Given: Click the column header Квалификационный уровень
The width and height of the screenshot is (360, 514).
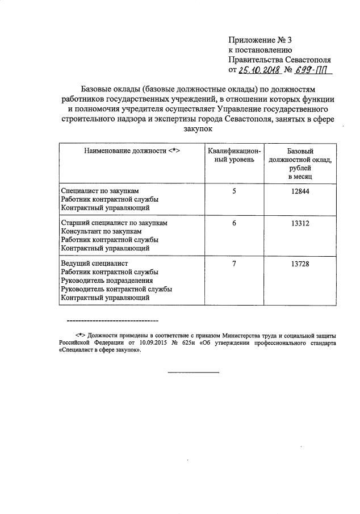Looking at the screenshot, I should coord(233,156).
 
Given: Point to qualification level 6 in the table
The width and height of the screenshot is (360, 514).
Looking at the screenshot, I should coord(233,223).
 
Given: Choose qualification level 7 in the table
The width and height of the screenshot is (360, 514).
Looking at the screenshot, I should coord(233,264).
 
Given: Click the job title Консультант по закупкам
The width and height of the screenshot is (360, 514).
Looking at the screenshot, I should coord(101,232).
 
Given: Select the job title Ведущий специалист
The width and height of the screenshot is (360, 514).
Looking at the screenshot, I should coord(94,264).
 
